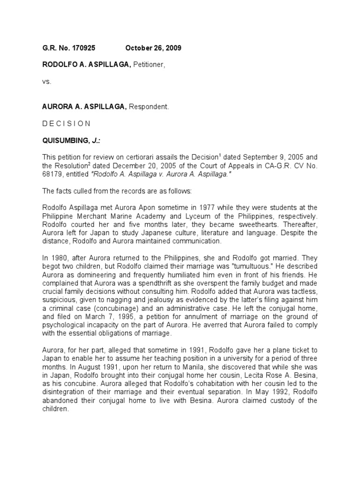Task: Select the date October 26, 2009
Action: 153,48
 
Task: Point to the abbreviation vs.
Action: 46,81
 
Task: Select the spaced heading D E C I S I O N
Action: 67,124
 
